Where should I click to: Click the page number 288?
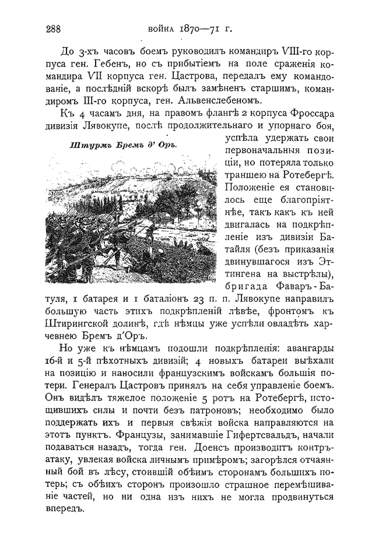coord(53,29)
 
